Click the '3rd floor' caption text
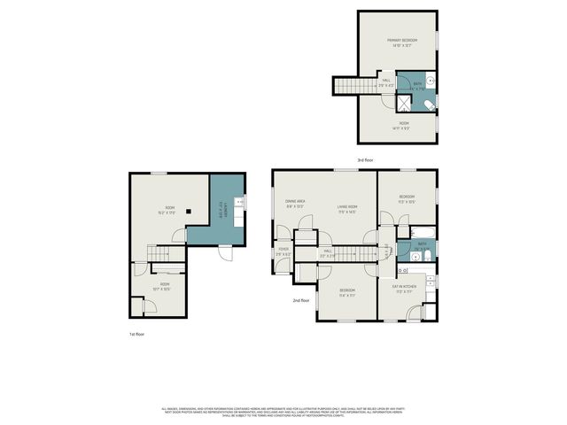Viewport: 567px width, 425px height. (365, 160)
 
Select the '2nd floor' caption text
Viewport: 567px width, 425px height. (301, 300)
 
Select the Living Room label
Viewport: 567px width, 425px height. (346, 208)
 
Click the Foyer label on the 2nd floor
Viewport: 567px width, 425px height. (283, 251)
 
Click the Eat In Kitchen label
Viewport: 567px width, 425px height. (404, 289)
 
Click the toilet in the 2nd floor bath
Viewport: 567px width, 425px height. (424, 258)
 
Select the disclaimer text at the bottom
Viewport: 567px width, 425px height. (283, 413)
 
